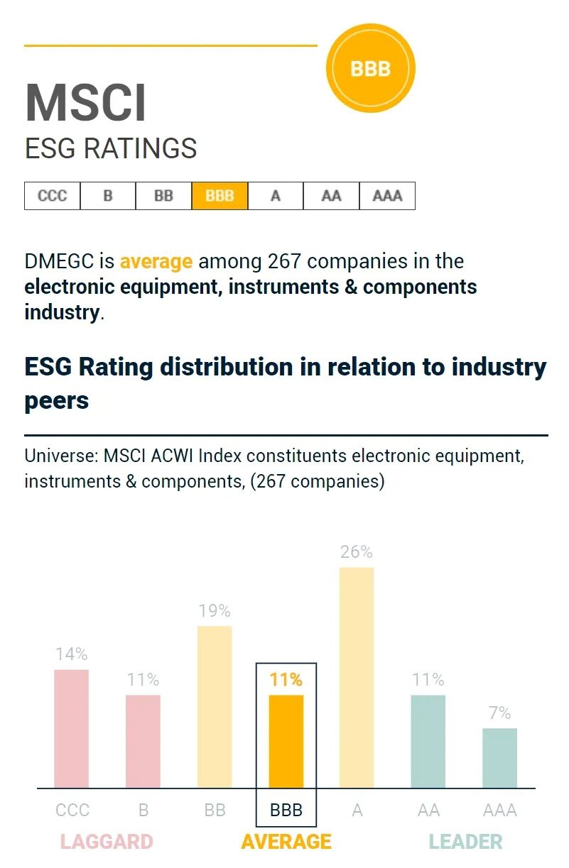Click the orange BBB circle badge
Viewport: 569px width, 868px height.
pos(370,69)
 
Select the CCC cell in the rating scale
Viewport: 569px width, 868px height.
pos(52,196)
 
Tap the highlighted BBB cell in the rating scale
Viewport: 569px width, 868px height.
pos(220,196)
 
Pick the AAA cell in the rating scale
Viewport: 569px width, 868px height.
pos(387,196)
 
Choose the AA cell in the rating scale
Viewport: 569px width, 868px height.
pos(331,196)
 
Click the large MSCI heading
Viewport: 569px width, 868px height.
pos(86,104)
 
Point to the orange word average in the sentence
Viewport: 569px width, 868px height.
pos(156,261)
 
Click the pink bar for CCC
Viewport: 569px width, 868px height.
pos(72,728)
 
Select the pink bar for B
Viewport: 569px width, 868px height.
pos(143,741)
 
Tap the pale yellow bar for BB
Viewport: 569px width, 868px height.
pos(215,706)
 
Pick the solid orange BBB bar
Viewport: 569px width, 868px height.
pos(286,741)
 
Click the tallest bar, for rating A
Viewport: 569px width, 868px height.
pos(357,677)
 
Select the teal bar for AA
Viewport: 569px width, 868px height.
pos(428,741)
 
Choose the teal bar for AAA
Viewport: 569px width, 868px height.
pos(499,757)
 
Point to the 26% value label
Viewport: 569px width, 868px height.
pos(357,552)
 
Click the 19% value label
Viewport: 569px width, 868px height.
pos(215,610)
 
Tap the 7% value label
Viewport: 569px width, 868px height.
pos(500,713)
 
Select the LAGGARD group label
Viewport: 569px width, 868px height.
pos(107,842)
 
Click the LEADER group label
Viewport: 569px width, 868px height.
pos(465,842)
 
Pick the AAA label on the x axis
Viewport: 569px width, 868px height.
pos(499,810)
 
